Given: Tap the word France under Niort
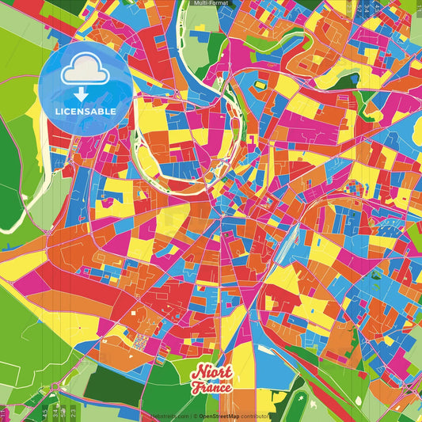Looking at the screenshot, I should point(210,388).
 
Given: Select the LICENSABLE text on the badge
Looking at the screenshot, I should point(86,112).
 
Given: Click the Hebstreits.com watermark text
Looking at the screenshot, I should point(169,416).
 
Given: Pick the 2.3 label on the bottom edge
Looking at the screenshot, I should point(73,412).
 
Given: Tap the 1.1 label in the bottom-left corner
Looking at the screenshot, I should point(4,412).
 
